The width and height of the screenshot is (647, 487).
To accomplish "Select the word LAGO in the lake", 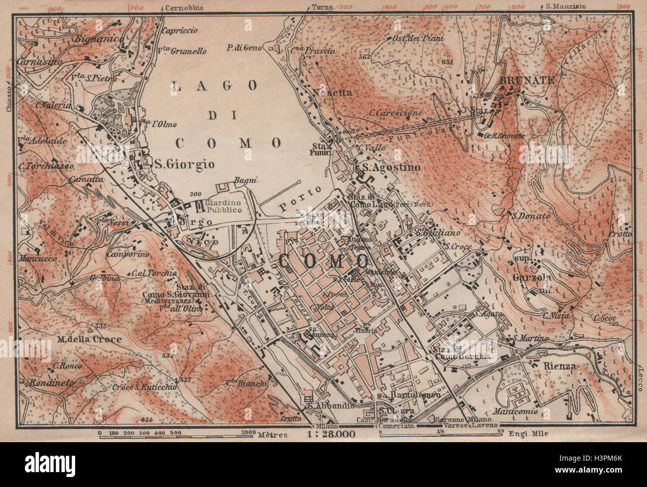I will click(x=215, y=86).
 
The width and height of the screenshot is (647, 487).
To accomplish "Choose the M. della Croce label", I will click(x=90, y=340).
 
